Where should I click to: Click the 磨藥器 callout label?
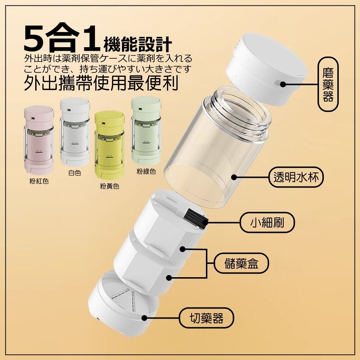coord(328,84)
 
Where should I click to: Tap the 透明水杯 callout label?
coord(296,177)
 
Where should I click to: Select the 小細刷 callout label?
coord(267,222)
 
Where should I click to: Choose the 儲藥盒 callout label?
coord(241,263)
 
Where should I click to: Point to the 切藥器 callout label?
coord(206,318)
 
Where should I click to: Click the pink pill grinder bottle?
coord(39,140)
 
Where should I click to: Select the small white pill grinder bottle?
coord(75,132)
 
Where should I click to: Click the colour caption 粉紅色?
coord(39,181)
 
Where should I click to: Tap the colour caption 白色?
coord(75,173)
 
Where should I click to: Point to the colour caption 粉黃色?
coord(109,186)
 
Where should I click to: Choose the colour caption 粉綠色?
coord(146,171)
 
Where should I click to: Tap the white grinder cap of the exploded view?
coord(266,69)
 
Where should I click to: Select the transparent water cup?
coord(217,147)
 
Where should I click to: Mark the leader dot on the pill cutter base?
coord(144,318)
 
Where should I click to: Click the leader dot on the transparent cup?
coord(234,177)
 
